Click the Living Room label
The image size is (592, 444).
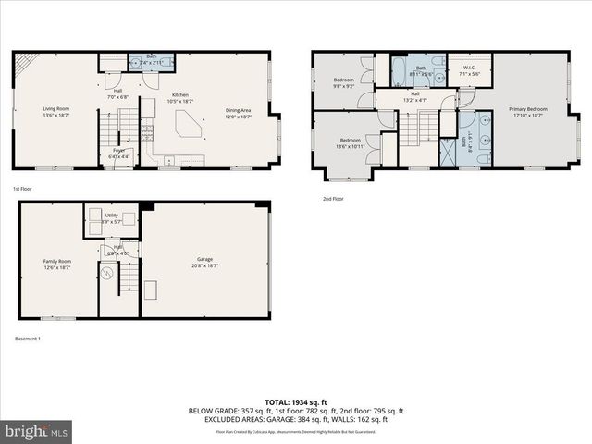pos(55,113)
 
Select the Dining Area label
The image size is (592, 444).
pos(238,113)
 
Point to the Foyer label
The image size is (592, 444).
pos(119,153)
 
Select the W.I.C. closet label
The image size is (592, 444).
pos(468,70)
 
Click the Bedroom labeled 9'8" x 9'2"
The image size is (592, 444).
pos(343,83)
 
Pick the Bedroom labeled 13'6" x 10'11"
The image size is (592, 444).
pos(350,142)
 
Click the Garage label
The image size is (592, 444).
pos(204,262)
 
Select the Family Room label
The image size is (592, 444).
pos(57,265)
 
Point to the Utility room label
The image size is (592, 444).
pos(111,218)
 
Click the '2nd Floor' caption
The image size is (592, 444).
pos(333,199)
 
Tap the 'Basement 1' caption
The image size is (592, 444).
pos(28,339)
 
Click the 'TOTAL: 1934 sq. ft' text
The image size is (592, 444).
pos(296,401)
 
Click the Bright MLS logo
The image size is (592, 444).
pos(37,430)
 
